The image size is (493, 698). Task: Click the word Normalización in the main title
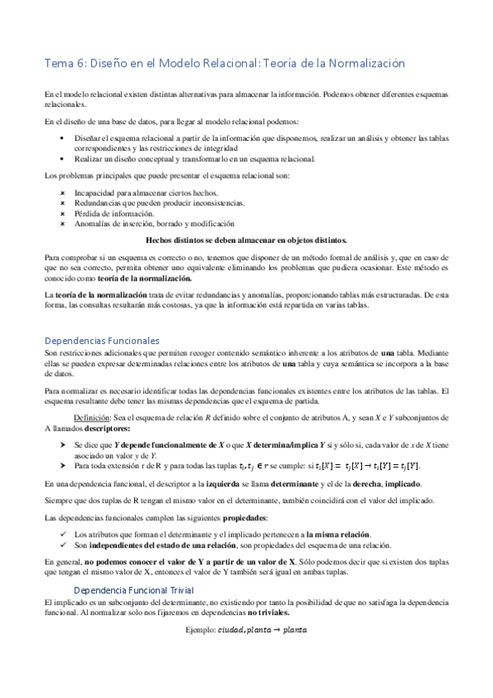[360, 63]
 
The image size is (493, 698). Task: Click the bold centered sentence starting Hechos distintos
[246, 240]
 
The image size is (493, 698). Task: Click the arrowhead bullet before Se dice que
[63, 444]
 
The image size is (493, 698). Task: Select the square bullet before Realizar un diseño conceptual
[63, 159]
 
